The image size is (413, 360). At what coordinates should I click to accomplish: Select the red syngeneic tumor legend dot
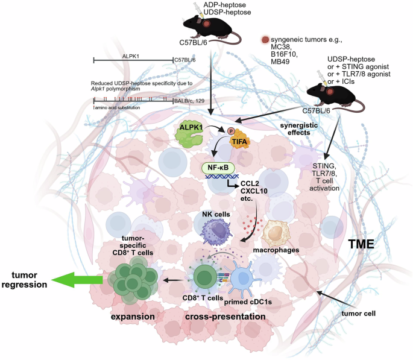265,40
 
